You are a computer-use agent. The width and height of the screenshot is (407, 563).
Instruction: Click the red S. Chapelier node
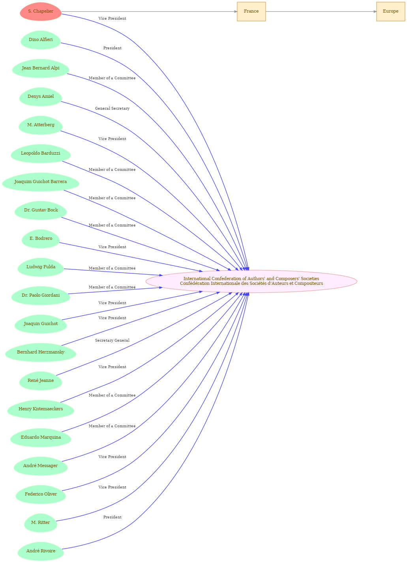coord(41,11)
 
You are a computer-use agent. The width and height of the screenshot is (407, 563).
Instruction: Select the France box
coord(251,11)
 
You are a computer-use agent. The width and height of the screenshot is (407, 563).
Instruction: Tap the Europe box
coord(391,11)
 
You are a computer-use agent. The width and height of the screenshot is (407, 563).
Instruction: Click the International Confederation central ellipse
coord(251,281)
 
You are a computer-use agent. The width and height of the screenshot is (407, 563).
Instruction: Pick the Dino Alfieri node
coord(41,40)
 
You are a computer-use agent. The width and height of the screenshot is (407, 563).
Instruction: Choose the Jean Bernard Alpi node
coord(41,68)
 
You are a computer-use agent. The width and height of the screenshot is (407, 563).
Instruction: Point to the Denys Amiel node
coord(41,97)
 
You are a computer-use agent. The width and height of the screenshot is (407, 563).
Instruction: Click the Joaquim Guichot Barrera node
coord(41,182)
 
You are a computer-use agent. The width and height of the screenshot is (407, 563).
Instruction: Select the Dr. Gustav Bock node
coord(41,210)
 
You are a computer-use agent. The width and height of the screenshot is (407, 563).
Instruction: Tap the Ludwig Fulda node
coord(41,267)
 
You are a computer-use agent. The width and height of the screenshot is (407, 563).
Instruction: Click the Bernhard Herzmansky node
coord(41,352)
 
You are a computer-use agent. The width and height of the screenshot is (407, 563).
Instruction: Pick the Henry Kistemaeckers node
coord(41,409)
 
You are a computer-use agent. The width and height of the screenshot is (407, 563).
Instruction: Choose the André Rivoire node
coord(41,551)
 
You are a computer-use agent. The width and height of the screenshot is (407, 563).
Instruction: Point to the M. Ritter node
coord(41,522)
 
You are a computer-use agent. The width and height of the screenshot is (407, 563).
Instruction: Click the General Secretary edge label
coord(112,108)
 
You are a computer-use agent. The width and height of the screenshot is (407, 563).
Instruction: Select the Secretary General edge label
coord(112,340)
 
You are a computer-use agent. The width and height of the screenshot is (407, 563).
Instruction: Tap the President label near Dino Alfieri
coord(112,48)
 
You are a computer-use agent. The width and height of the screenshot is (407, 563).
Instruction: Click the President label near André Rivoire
coord(112,517)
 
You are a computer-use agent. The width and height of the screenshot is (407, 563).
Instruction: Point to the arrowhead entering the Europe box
coord(375,11)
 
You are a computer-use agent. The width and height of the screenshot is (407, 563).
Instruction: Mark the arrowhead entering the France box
coord(236,11)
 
